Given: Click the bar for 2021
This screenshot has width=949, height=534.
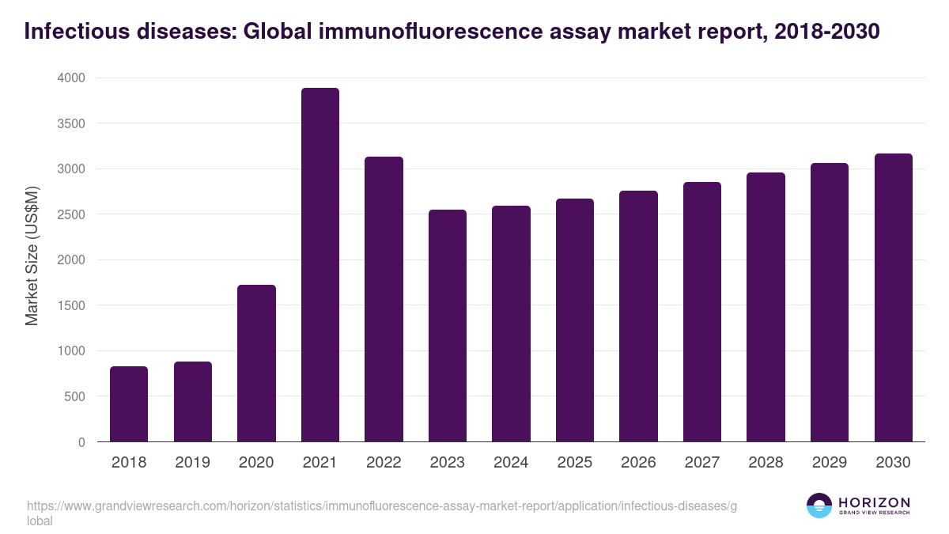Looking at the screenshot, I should [319, 265].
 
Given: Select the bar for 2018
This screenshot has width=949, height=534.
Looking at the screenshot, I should [129, 404].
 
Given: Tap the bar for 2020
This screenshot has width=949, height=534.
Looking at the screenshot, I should [256, 363].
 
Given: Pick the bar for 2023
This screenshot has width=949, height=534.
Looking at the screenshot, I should [448, 326].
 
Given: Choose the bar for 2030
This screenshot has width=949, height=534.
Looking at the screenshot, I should [893, 297].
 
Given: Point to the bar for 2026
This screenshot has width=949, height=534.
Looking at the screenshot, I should [638, 316].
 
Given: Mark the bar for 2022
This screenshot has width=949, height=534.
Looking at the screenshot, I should [384, 299].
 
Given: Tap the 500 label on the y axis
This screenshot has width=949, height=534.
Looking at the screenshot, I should [74, 396].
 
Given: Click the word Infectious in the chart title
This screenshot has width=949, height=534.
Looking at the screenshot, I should [70, 32].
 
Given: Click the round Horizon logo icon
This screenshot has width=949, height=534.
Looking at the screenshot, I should [819, 506].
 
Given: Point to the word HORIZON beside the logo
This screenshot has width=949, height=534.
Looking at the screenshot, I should [874, 502].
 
